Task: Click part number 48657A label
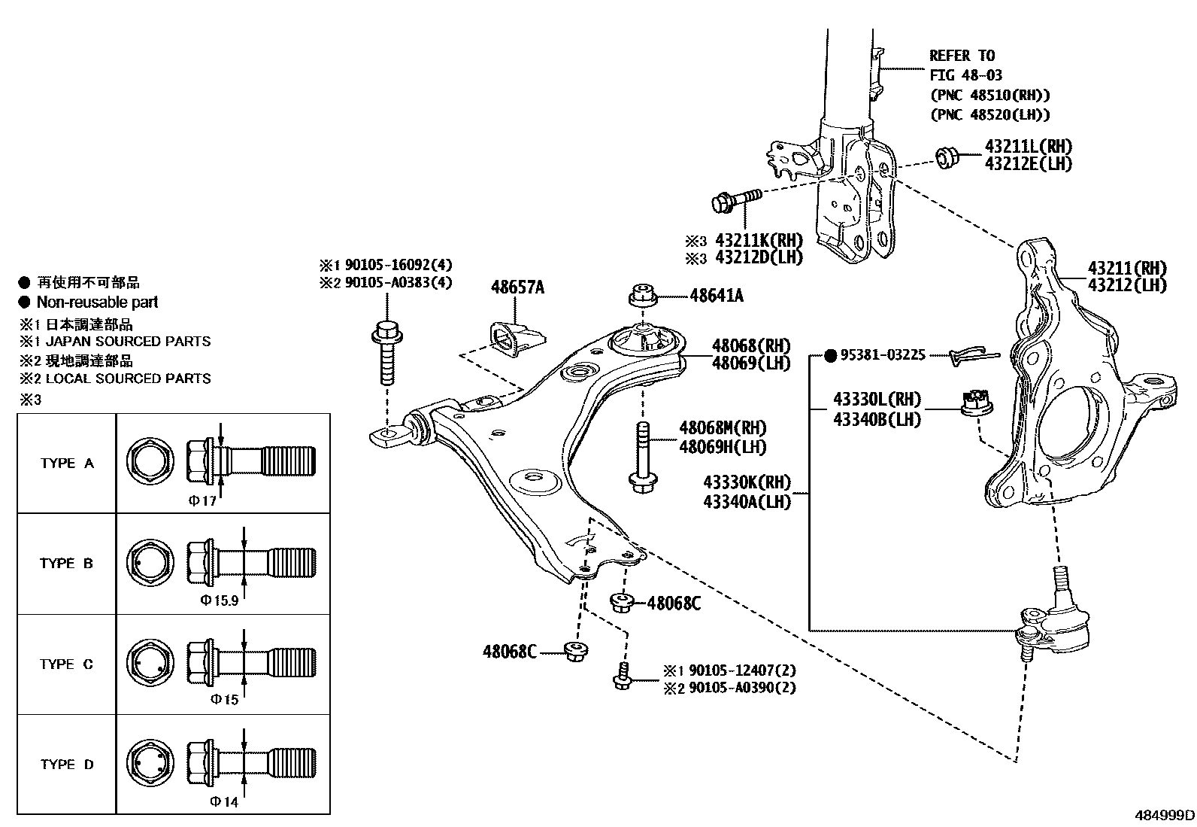coord(517,287)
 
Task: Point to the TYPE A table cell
coord(67,464)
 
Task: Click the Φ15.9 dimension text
coord(220,600)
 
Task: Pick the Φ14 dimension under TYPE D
coord(223,801)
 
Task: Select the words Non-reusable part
coord(97,303)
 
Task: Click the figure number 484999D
coord(1164,816)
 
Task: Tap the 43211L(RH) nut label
coord(1028,147)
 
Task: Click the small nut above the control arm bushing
coord(642,294)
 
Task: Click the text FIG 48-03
coord(965,75)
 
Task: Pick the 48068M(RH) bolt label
coord(723,428)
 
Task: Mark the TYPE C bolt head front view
coord(150,662)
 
